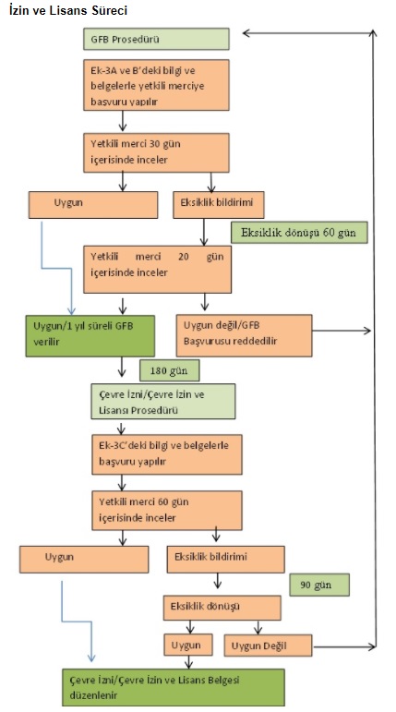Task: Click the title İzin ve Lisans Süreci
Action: click(68, 10)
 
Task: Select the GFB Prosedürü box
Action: click(156, 39)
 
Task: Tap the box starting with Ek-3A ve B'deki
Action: click(156, 85)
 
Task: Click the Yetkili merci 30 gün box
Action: click(156, 152)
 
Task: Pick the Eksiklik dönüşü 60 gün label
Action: click(299, 233)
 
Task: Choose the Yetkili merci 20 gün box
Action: click(157, 270)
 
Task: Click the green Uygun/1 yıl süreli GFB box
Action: click(90, 336)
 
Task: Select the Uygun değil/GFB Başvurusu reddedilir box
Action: click(245, 335)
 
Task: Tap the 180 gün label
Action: click(170, 371)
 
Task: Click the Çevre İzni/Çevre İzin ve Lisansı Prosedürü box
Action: click(163, 402)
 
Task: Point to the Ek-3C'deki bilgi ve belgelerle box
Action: click(167, 454)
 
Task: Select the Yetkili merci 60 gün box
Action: click(167, 511)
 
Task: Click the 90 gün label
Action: click(319, 585)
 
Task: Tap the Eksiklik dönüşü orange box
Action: click(222, 608)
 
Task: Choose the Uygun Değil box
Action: click(268, 646)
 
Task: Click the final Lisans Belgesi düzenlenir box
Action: click(174, 687)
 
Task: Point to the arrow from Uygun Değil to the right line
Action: click(344, 646)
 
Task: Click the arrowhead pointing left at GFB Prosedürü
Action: click(246, 32)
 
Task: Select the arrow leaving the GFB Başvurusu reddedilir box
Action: click(342, 331)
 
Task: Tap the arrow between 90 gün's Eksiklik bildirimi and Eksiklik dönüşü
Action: click(218, 581)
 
